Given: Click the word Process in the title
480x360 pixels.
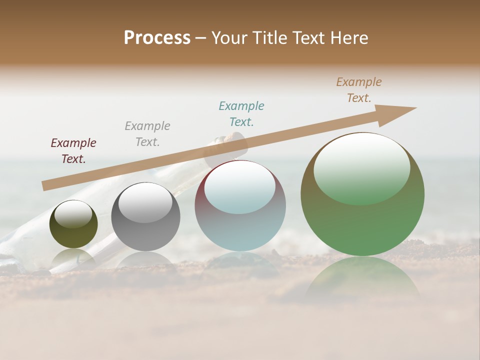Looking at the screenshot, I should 157,38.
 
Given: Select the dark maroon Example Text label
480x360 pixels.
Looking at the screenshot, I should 73,150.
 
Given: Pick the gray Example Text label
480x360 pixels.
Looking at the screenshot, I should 147,133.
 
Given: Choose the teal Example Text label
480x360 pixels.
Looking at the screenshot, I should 241,113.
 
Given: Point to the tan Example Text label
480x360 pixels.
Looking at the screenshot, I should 358,90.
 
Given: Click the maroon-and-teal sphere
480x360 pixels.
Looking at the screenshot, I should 240,230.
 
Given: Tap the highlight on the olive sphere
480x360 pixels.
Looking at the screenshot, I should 73,214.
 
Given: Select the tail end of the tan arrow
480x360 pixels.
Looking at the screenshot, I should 46,185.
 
